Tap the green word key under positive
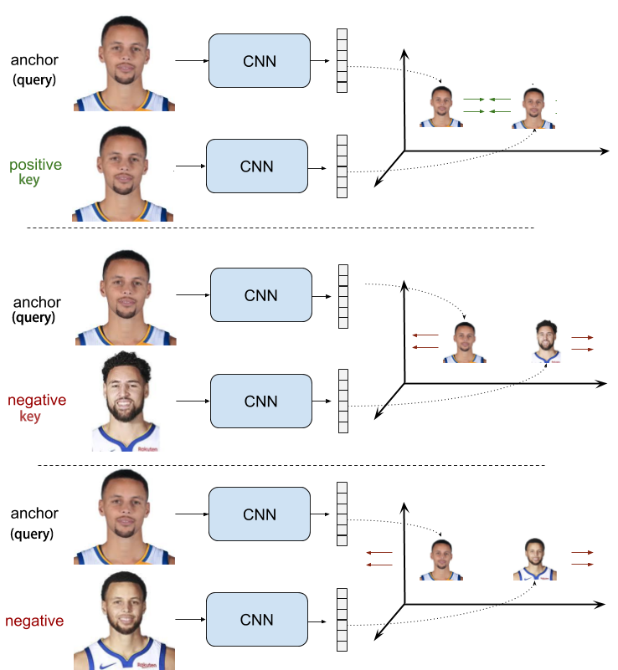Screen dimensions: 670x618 (x=30, y=180)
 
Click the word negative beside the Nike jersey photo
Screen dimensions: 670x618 (x=35, y=621)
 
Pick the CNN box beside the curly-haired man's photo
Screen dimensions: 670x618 (x=260, y=401)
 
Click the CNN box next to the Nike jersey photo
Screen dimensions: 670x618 (x=257, y=620)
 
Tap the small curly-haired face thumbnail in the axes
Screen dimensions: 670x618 (x=545, y=341)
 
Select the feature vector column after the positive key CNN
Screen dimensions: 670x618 (x=342, y=167)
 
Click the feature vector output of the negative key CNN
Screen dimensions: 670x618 (x=342, y=401)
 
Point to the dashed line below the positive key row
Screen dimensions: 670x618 (x=281, y=228)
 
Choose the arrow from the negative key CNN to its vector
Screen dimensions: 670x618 (x=322, y=402)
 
